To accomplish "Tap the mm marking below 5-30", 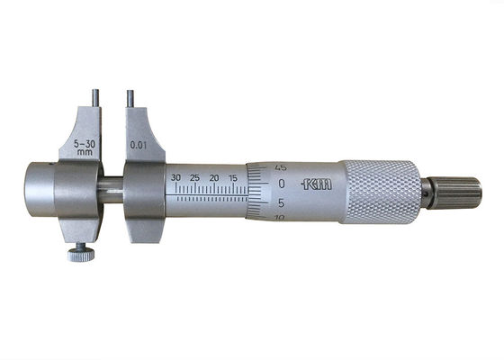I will (85, 152).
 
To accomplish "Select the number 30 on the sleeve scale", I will (175, 177).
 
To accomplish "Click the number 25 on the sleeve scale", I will (194, 177).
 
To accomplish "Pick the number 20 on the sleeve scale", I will (214, 177).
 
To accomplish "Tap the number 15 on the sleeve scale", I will (233, 177).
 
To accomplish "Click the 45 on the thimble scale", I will (281, 166).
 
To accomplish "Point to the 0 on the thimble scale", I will (282, 184).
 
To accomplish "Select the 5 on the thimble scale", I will (282, 202).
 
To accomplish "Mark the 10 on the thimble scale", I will (281, 217).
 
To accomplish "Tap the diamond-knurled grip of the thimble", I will (382, 192).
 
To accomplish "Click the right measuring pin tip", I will (130, 94).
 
